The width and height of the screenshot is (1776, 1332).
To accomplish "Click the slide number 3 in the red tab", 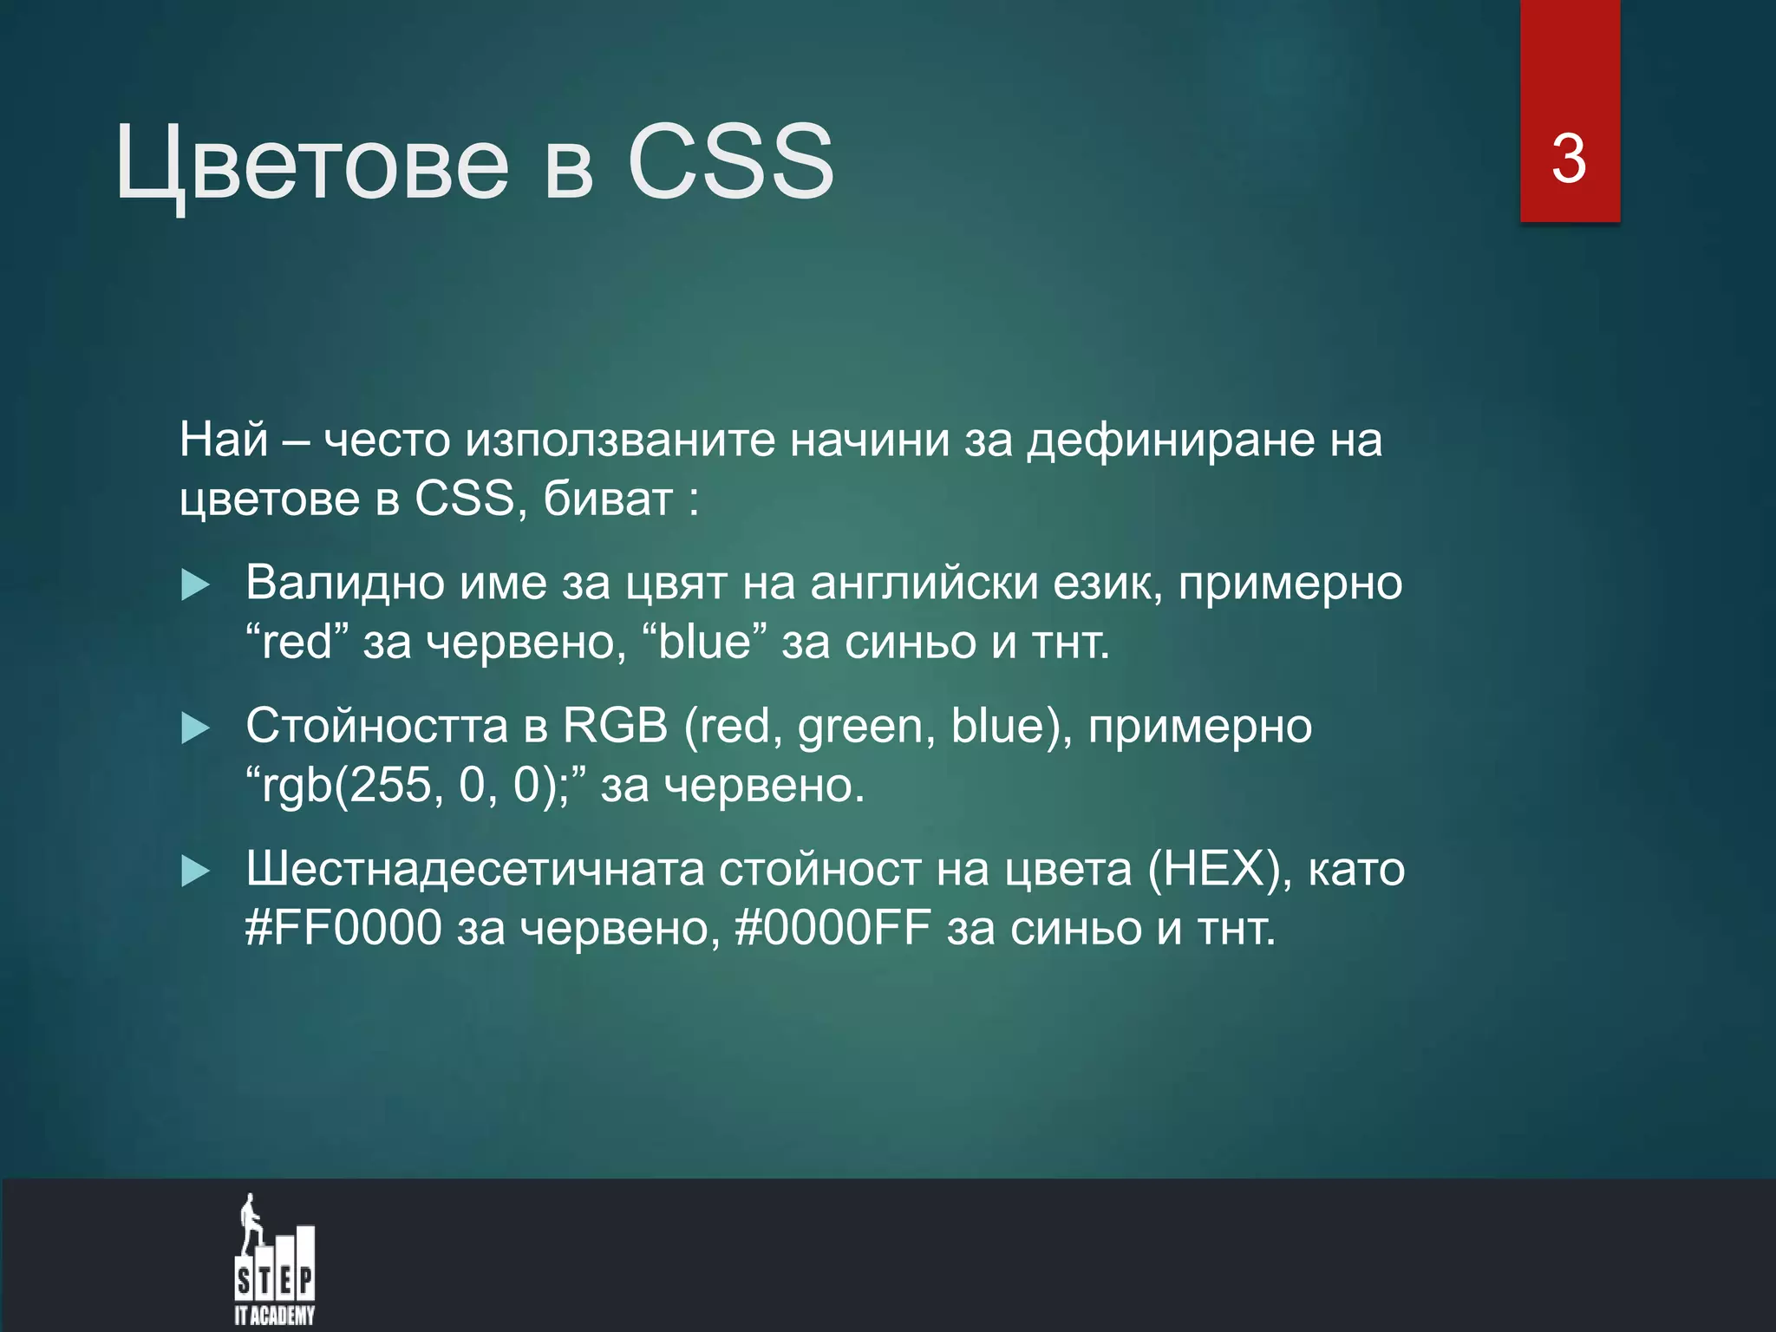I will (x=1569, y=160).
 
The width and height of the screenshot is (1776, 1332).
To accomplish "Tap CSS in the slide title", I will (x=730, y=161).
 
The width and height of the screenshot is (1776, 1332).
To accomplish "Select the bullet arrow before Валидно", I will (x=195, y=585).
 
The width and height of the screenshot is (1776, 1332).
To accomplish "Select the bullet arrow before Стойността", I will (x=195, y=728).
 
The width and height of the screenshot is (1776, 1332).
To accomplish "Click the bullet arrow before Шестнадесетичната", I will (x=195, y=872).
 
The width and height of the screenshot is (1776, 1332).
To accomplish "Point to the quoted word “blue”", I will (x=704, y=643).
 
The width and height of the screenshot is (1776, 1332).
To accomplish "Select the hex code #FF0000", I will (x=343, y=928).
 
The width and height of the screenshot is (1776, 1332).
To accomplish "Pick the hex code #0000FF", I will (x=832, y=928).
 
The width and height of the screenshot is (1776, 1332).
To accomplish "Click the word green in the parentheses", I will (x=860, y=727).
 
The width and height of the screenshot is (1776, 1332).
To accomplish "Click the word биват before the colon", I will (x=608, y=499).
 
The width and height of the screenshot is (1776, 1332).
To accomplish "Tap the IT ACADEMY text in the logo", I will (x=275, y=1316).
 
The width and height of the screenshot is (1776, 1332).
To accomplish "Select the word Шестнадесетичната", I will (x=474, y=869).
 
